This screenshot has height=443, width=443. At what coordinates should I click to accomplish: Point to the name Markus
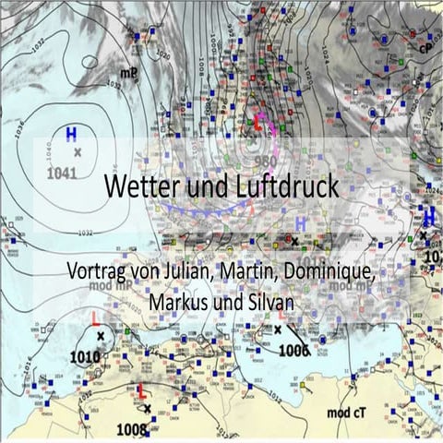click(181, 303)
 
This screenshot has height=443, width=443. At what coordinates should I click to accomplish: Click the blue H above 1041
click(71, 134)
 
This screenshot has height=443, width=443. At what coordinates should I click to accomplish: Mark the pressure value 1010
click(85, 356)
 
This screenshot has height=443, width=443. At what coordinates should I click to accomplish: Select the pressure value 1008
click(132, 428)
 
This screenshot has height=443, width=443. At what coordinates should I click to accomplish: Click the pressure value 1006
click(293, 350)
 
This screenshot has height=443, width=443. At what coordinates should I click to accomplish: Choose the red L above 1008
click(141, 390)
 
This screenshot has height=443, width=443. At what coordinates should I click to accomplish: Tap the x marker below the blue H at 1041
click(78, 151)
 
